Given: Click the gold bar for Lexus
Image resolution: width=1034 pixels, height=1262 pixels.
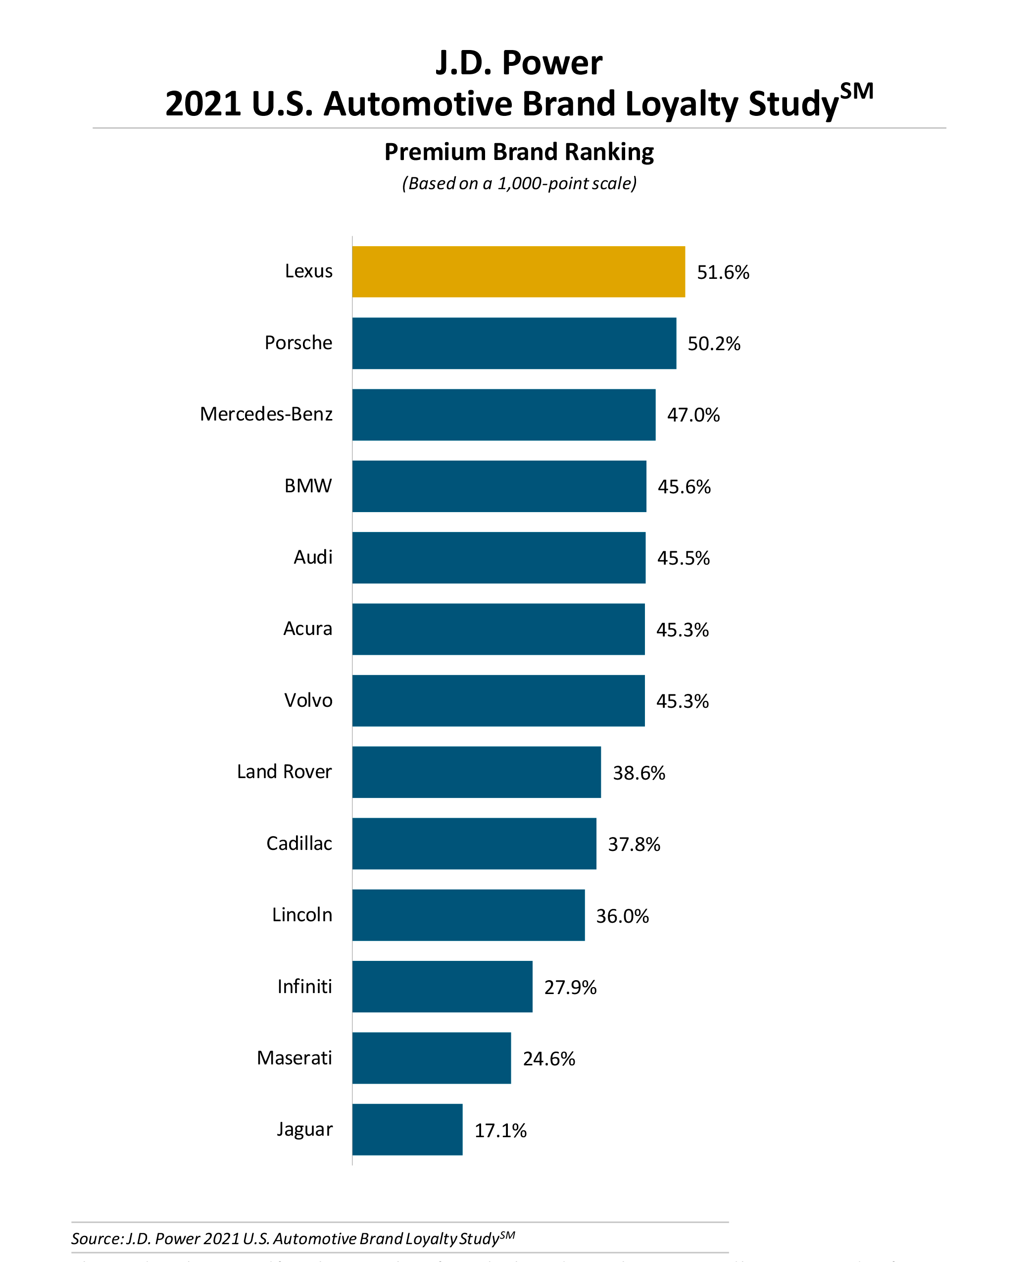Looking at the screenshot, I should [x=518, y=272].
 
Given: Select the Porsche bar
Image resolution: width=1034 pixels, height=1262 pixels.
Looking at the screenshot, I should [x=514, y=343].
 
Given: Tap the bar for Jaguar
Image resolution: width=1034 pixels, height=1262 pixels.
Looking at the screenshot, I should [x=407, y=1129].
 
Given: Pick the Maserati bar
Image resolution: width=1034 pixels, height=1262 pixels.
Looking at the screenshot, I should [x=431, y=1057].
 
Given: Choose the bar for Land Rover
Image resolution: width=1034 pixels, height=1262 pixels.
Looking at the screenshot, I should [x=477, y=772].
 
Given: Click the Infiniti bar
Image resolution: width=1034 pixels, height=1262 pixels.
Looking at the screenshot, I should [x=442, y=986].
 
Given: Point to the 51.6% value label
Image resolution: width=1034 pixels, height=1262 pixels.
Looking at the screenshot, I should [x=723, y=272].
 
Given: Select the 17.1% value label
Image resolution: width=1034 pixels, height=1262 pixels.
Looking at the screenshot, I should [x=500, y=1130].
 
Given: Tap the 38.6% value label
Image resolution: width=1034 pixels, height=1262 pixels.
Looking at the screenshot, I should [x=639, y=773].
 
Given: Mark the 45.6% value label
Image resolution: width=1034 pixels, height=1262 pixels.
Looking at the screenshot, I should [x=684, y=487].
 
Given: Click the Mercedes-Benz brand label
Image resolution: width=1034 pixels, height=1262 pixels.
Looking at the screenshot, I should [x=266, y=414].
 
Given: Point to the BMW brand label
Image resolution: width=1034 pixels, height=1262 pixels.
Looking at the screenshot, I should [x=308, y=485].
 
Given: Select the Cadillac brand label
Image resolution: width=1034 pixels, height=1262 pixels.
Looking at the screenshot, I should [x=299, y=843].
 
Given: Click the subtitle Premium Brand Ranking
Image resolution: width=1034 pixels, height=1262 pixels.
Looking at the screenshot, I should [x=519, y=152].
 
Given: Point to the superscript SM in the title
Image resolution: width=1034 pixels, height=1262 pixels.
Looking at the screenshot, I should [x=856, y=92].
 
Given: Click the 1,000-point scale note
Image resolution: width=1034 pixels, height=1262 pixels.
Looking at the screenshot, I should [x=519, y=183].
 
